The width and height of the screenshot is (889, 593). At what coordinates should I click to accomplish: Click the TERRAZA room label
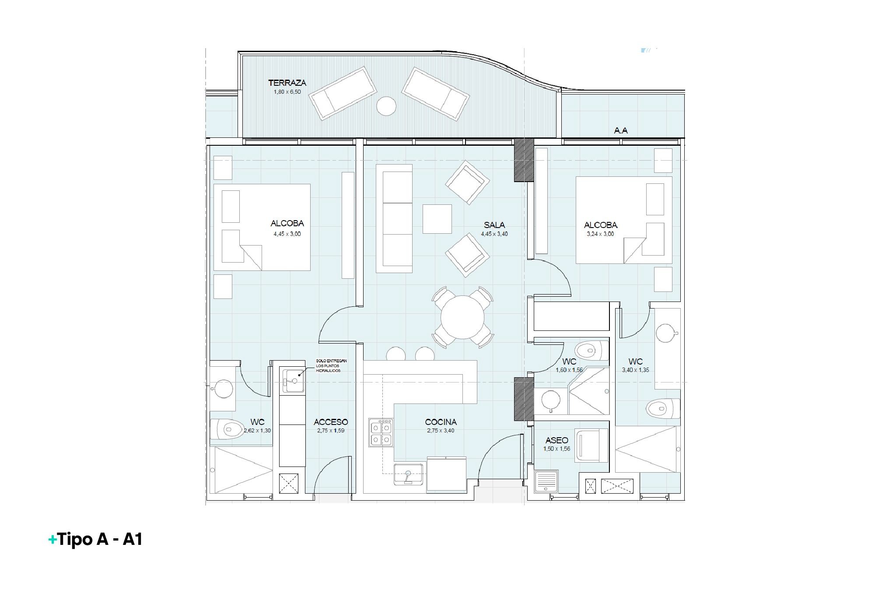click(x=287, y=83)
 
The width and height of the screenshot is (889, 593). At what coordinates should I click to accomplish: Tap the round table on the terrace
click(x=386, y=106)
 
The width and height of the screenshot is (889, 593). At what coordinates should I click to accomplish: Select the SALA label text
click(x=494, y=225)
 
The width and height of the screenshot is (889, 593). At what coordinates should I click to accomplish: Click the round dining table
click(x=462, y=317)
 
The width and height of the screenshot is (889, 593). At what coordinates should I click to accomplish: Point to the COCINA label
click(x=441, y=422)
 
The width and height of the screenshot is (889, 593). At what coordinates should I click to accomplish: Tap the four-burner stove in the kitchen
click(x=381, y=432)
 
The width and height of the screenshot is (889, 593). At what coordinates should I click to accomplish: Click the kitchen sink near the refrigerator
click(x=409, y=474)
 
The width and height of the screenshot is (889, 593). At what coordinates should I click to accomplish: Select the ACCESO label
click(x=331, y=422)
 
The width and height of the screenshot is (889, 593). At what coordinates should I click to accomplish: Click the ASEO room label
click(x=556, y=440)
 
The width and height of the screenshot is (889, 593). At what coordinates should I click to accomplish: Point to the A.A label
click(x=621, y=130)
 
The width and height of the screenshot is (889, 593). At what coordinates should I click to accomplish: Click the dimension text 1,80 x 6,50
click(x=287, y=92)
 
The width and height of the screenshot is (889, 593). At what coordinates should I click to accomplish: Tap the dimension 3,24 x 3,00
click(x=600, y=234)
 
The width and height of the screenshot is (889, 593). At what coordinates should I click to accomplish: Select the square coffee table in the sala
click(x=437, y=219)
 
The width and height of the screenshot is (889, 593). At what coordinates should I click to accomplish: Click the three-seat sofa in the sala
click(x=394, y=219)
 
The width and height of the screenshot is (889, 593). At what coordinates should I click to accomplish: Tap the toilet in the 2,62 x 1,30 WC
click(x=227, y=429)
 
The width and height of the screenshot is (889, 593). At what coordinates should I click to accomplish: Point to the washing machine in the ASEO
click(x=592, y=446)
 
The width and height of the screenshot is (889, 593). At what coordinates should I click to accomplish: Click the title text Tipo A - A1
click(x=100, y=540)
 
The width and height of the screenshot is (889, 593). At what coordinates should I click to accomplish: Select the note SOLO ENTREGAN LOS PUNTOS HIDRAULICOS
click(x=331, y=366)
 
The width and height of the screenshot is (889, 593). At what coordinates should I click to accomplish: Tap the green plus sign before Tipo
click(x=52, y=540)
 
